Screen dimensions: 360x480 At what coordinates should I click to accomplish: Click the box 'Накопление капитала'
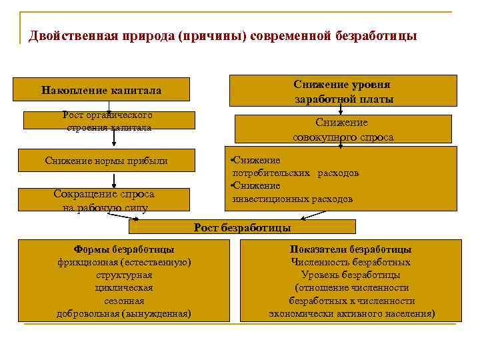coord(102,90)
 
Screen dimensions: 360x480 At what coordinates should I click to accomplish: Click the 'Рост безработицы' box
coord(242,227)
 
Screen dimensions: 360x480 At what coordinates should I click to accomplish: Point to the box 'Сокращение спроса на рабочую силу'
coord(104,200)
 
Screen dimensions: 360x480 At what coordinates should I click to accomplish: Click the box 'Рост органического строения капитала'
coord(109,121)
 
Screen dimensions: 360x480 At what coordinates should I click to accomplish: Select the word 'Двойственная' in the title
coord(69,35)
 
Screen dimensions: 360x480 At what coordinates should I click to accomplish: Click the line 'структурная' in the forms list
coord(124,275)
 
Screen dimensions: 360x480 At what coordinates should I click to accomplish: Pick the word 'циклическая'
coord(124,287)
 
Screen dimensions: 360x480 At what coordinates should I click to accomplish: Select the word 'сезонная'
coord(124,300)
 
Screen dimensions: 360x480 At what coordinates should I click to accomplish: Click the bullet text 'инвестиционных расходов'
coord(293,199)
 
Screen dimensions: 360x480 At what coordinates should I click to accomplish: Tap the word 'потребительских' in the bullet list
coord(271,173)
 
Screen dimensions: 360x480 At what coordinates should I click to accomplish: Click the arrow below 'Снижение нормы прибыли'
coord(114,179)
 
